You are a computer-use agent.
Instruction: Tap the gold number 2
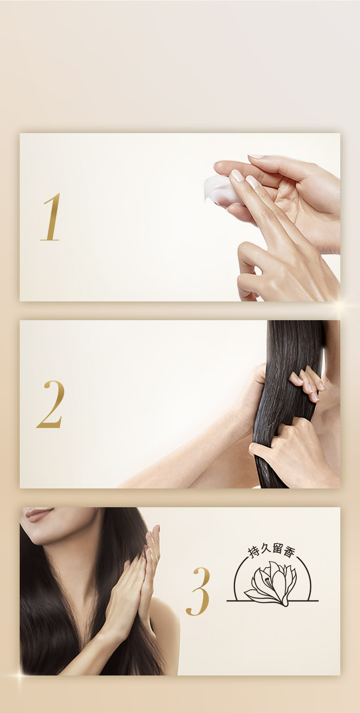pyautogui.click(x=51, y=404)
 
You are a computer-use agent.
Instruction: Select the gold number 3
pyautogui.click(x=198, y=591)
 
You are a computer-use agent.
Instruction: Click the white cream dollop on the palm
pyautogui.click(x=220, y=190)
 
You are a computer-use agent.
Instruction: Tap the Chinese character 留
pyautogui.click(x=277, y=549)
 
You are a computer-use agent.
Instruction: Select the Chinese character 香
pyautogui.click(x=289, y=552)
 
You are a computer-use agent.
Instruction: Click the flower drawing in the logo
pyautogui.click(x=271, y=584)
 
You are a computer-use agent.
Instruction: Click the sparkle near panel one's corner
pyautogui.click(x=341, y=306)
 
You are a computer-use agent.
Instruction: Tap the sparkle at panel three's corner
pyautogui.click(x=20, y=675)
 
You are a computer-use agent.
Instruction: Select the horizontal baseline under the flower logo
pyautogui.click(x=272, y=600)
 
